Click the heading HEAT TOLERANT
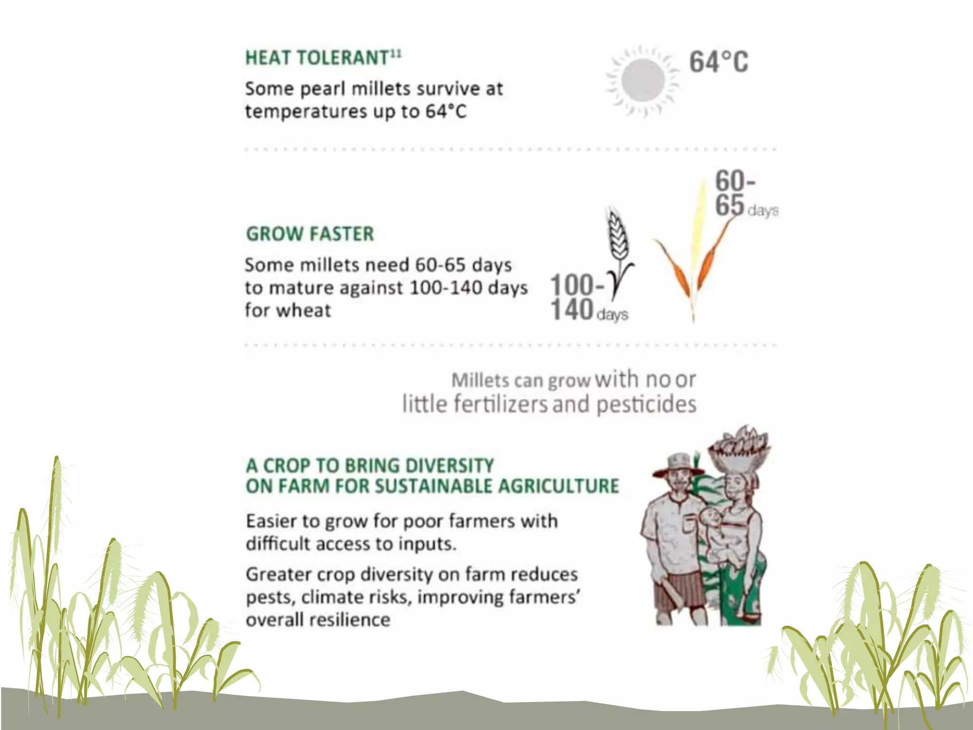(317, 58)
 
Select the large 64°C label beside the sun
(718, 62)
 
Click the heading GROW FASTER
(310, 234)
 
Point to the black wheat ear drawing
(618, 238)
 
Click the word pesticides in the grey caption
(646, 404)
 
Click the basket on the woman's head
(739, 447)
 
